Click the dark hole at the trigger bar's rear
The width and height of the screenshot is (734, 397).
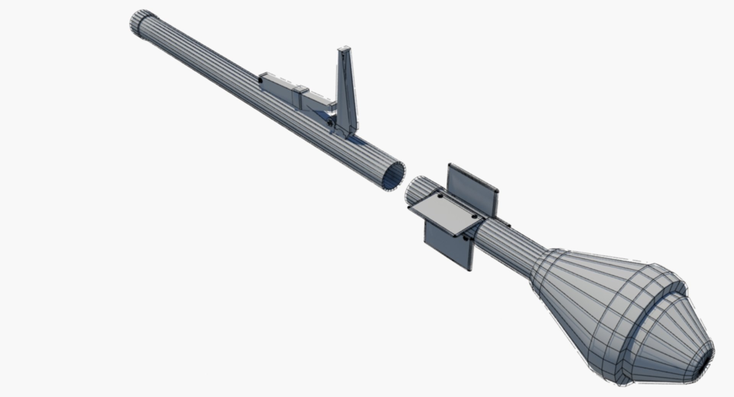coord(260,81)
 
